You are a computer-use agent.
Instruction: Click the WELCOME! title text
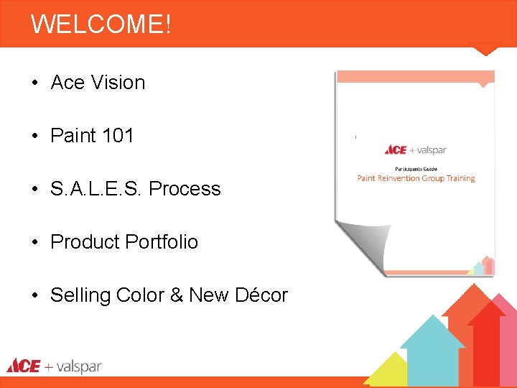101,24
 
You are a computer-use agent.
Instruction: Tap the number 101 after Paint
118,136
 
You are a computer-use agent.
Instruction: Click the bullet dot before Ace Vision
34,83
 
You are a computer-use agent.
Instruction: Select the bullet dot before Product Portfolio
34,243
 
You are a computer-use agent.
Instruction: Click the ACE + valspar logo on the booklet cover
416,150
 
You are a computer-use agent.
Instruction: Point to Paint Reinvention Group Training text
416,178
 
